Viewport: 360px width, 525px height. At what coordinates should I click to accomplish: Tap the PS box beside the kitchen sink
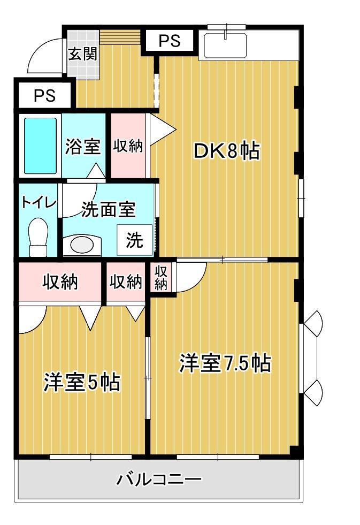[x=169, y=41]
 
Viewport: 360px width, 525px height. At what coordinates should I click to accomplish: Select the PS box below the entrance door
[x=45, y=95]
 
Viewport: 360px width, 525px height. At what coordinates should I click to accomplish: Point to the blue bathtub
[x=40, y=146]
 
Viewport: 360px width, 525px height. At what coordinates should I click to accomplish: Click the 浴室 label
[x=82, y=146]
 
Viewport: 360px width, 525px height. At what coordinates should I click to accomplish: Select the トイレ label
[x=39, y=202]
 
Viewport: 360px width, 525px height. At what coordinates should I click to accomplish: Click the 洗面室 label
[x=108, y=209]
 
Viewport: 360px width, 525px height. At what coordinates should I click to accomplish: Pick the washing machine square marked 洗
[x=134, y=240]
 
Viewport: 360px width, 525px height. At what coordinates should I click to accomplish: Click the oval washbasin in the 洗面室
[x=82, y=245]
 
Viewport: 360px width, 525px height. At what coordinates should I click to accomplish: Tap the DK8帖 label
[x=226, y=151]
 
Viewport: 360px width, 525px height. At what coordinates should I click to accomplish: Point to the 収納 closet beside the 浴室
[x=128, y=146]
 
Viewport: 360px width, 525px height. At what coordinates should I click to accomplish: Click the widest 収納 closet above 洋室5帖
[x=60, y=281]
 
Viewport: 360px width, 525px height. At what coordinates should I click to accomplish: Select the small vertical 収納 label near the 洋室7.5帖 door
[x=160, y=278]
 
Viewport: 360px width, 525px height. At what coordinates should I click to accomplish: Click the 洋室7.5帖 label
[x=225, y=363]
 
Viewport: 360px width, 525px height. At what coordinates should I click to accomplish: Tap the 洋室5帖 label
[x=82, y=382]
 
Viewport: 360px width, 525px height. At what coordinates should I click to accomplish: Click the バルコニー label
[x=159, y=479]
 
